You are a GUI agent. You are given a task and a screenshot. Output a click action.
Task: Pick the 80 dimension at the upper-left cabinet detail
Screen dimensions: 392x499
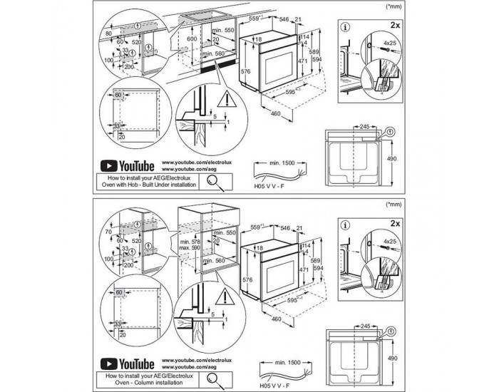point(108,33)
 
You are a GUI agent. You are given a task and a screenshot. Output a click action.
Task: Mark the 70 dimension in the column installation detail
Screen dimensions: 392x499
point(108,232)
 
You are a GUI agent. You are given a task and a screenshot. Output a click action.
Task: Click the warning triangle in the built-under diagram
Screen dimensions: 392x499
point(227,98)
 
